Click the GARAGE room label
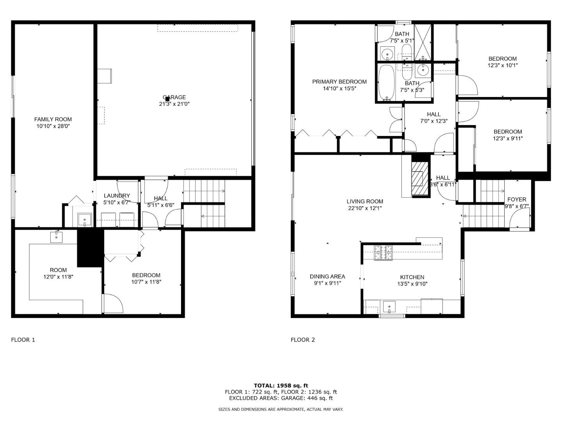(174, 97)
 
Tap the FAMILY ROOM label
(53, 119)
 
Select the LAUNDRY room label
(117, 196)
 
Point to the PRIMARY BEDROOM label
(339, 81)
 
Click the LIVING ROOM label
(365, 201)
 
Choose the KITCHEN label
(412, 277)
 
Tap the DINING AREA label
(327, 276)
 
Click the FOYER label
(516, 199)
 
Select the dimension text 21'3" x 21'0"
(174, 104)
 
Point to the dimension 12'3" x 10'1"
(502, 65)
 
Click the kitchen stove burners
(383, 253)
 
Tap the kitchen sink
(389, 307)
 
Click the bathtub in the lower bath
(387, 82)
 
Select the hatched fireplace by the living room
(420, 178)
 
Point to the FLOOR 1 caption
(23, 340)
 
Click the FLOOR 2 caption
(302, 340)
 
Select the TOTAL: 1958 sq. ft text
(281, 386)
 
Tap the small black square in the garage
(167, 99)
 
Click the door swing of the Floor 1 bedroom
(113, 302)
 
